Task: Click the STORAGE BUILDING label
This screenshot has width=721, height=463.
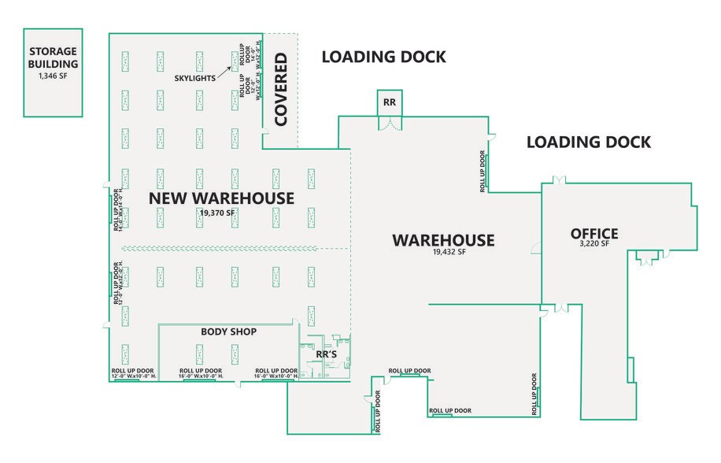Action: tap(54, 57)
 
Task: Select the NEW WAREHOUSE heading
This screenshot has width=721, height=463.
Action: tap(221, 198)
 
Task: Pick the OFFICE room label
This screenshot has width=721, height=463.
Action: tap(594, 234)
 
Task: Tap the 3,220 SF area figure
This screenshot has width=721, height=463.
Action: tap(594, 245)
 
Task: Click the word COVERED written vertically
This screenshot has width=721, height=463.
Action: tap(280, 91)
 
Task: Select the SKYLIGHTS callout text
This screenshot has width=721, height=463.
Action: tap(196, 80)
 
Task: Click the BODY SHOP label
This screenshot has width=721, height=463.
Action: tap(228, 332)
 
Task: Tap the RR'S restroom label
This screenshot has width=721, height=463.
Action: tap(327, 355)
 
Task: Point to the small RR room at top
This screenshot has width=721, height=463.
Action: tap(389, 102)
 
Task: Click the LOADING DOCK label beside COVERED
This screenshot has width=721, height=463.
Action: tap(383, 57)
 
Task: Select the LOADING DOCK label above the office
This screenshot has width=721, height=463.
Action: tap(588, 143)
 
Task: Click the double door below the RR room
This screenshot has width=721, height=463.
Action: tap(389, 124)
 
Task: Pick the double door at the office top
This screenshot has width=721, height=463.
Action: tap(558, 181)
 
